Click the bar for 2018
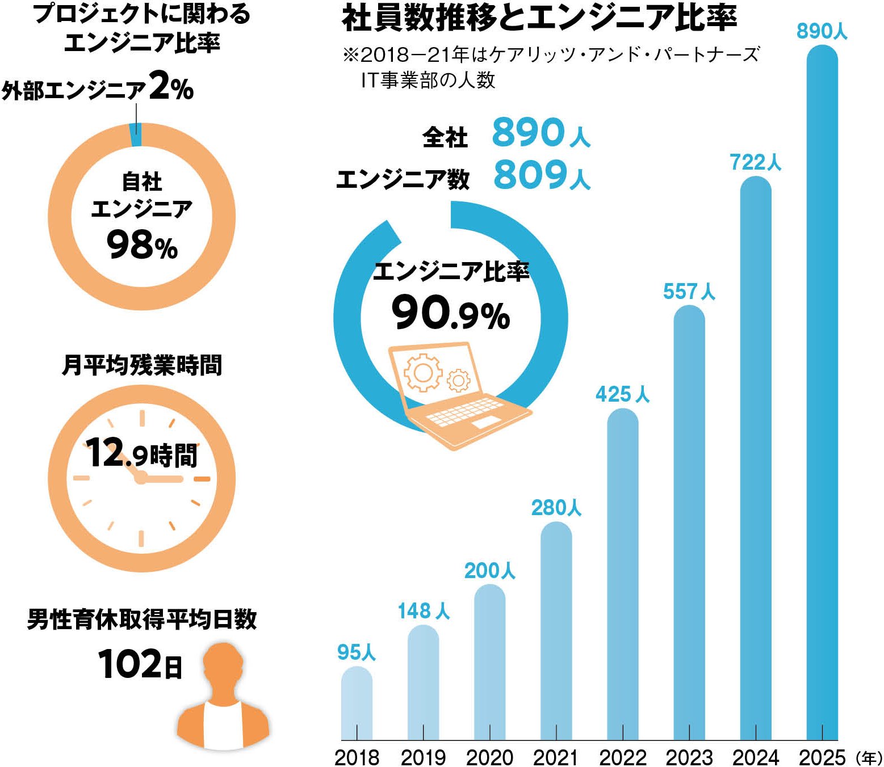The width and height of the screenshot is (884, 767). [x=357, y=703]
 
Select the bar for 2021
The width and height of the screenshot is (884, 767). [x=556, y=630]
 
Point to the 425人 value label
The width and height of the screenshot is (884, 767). [x=622, y=394]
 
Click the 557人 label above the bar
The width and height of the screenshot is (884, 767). [x=689, y=291]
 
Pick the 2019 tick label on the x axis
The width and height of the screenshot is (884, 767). [x=423, y=757]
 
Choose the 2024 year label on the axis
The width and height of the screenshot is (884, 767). [x=755, y=757]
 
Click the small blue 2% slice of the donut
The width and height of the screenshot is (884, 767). [x=136, y=135]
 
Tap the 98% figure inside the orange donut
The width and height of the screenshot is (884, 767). [x=142, y=246]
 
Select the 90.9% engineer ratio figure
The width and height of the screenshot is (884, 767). [x=450, y=314]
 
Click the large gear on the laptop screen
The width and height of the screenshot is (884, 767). [x=422, y=372]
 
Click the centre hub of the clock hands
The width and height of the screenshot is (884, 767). [x=140, y=479]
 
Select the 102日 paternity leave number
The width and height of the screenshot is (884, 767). [x=140, y=664]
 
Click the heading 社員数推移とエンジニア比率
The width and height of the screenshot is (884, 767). [x=539, y=18]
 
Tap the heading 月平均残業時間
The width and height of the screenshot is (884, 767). [x=141, y=365]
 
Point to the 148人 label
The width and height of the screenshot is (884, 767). [x=423, y=610]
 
